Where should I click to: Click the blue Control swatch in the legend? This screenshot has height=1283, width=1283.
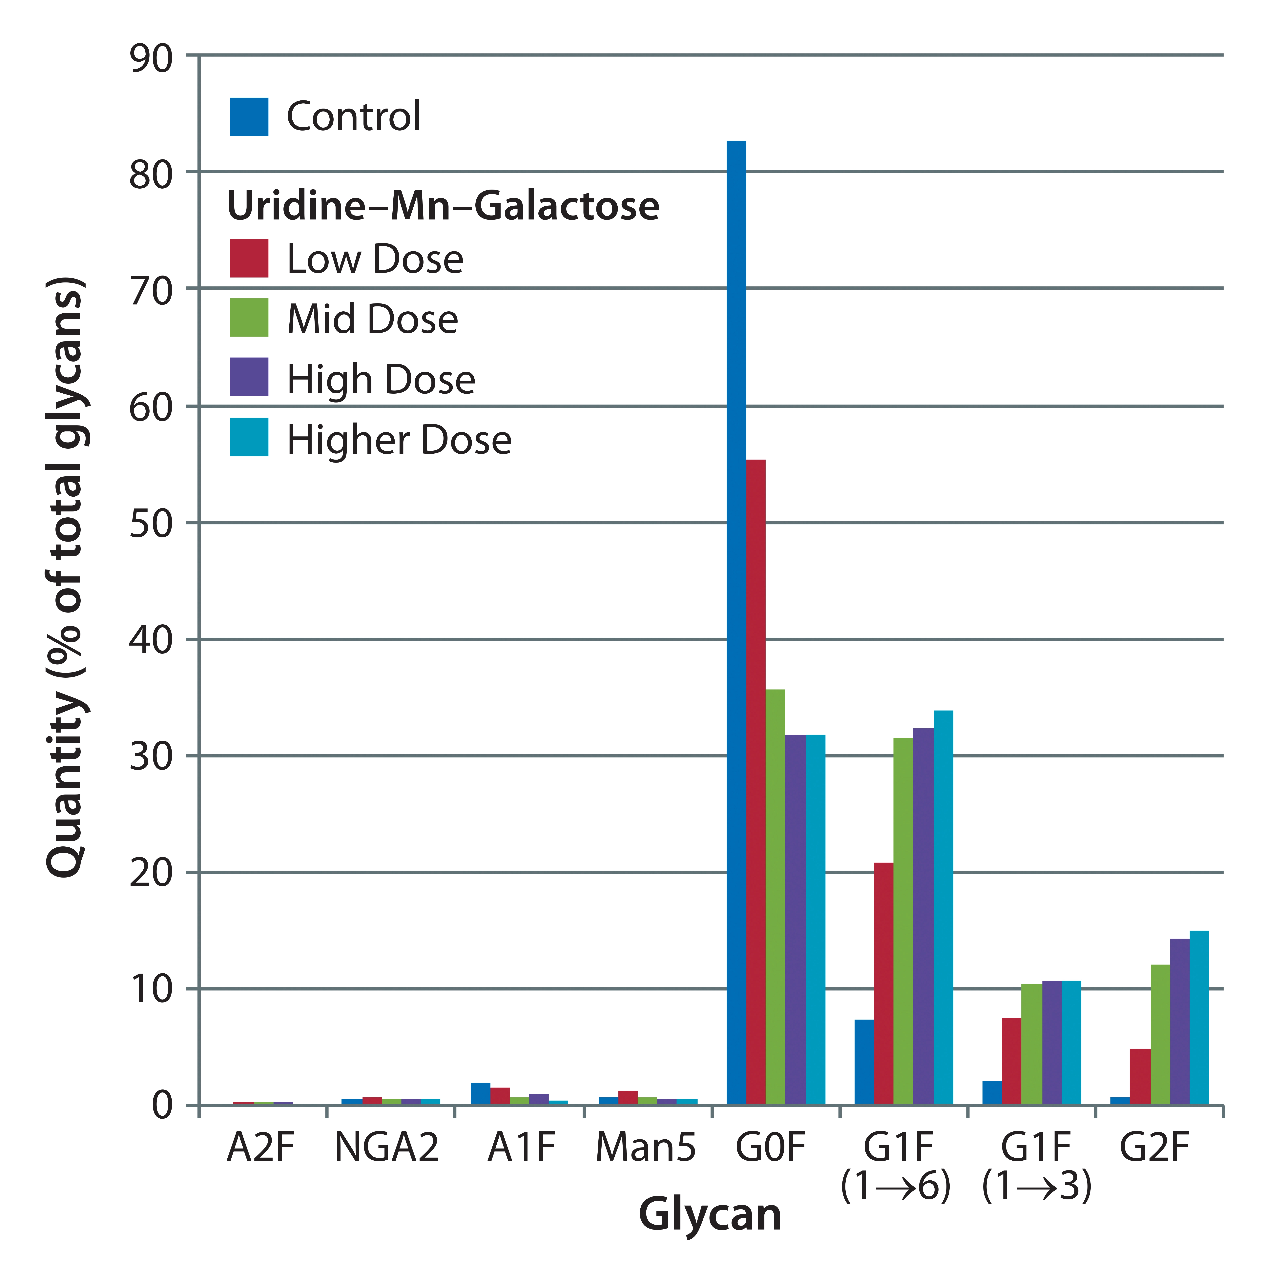click(249, 117)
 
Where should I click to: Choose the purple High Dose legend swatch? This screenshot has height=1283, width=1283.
click(249, 377)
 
